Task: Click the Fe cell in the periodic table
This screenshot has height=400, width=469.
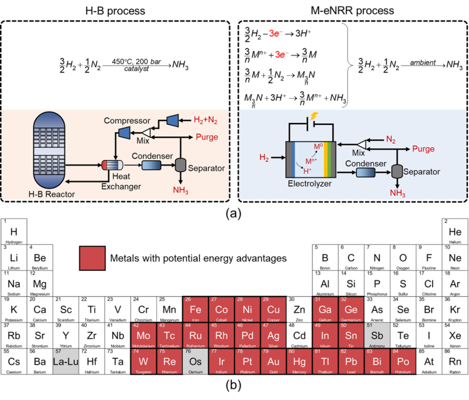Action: coord(195,311)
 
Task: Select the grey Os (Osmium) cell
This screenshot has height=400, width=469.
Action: coord(195,362)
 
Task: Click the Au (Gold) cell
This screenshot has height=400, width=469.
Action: coord(273,362)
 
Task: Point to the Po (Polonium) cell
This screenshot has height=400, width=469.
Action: coord(403,362)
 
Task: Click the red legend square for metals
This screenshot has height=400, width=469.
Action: coord(92,258)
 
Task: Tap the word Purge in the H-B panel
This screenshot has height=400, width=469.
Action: coord(207,137)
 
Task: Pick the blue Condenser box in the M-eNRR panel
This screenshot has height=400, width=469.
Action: coord(365,173)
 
